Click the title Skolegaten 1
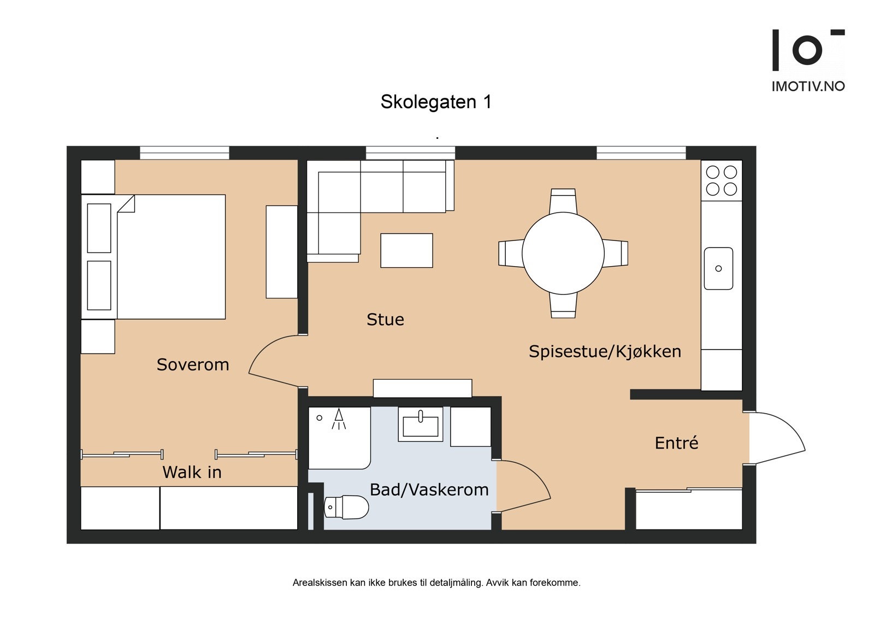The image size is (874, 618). [436, 102]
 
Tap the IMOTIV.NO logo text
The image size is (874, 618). [807, 86]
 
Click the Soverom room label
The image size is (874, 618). [193, 364]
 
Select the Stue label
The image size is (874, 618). [385, 320]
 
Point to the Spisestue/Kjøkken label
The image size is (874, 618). [605, 351]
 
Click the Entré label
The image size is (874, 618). [676, 443]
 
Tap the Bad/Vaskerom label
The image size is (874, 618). [429, 490]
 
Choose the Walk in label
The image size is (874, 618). [192, 472]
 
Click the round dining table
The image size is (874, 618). [563, 254]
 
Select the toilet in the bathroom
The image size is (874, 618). [347, 507]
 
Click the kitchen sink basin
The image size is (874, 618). [718, 268]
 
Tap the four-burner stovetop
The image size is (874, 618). [721, 181]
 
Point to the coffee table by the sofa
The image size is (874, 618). [406, 251]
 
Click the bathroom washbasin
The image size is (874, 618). [420, 426]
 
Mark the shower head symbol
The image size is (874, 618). [339, 419]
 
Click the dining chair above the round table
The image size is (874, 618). [563, 201]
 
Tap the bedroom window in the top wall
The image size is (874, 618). [184, 152]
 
